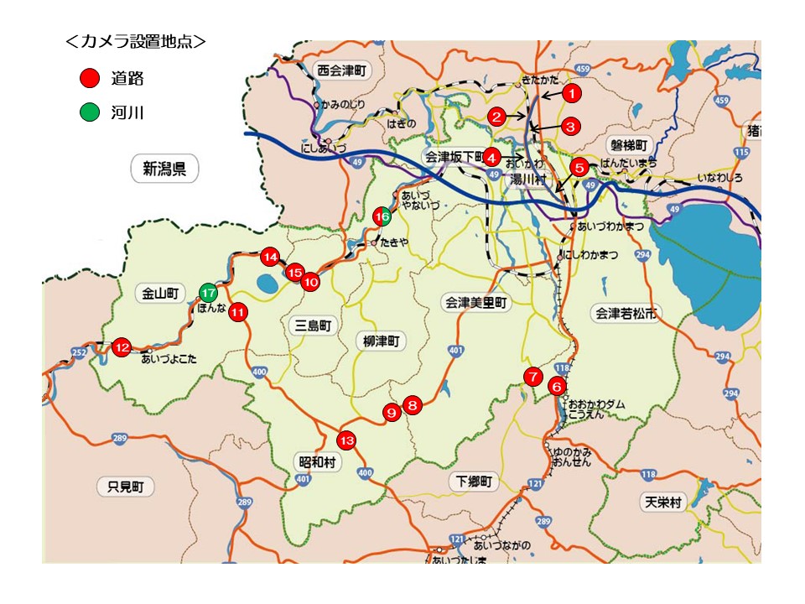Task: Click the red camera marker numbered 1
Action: coord(570,92)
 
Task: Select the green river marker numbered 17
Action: coord(209,293)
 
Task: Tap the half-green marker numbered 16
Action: coord(382,216)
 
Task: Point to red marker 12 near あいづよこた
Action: coord(122,346)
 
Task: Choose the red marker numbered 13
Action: coord(346,440)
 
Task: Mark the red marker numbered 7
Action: coord(532,376)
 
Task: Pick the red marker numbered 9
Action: coord(391,412)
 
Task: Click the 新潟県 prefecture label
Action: coord(164,169)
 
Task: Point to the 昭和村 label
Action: coord(316,461)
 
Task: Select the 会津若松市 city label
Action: coord(626,314)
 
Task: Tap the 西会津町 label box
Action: coord(339,70)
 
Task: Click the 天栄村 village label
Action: coord(663,502)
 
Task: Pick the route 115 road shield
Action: coord(740,152)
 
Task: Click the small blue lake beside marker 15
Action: coord(267,284)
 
